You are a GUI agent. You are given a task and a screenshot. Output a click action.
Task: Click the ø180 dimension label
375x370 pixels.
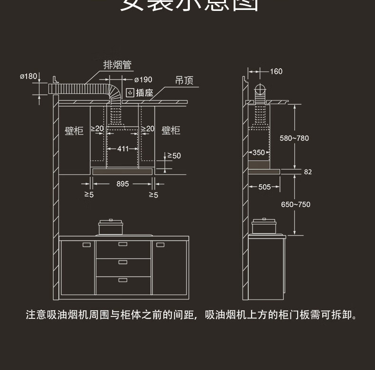coord(28,76)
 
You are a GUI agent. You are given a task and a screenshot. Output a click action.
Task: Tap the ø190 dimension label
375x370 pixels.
coord(143,80)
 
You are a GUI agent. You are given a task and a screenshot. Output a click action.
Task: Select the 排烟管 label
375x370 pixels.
coord(117,65)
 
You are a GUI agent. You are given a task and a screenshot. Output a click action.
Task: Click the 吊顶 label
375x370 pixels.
coord(184,81)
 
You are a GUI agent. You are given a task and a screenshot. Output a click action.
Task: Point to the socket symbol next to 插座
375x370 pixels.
coord(130,92)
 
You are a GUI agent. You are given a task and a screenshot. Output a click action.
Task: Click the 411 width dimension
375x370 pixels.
coord(123,149)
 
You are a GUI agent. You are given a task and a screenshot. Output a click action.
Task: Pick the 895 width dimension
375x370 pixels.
coord(122,184)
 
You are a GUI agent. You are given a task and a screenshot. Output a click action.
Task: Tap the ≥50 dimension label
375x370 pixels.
coord(174,155)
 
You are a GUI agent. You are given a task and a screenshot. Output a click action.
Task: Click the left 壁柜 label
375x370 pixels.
coord(74,130)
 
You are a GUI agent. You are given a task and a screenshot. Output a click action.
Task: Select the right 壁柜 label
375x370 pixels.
coord(171,130)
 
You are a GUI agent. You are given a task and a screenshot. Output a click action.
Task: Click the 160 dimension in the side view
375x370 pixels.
coord(276,72)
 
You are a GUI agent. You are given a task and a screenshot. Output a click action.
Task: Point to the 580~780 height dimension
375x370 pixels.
coord(294,138)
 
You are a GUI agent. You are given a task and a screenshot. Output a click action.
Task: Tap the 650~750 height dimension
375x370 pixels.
coord(295,205)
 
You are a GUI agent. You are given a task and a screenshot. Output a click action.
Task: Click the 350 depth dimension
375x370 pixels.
coord(259,153)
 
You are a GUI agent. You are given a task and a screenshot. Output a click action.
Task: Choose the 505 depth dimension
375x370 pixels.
coord(264,187)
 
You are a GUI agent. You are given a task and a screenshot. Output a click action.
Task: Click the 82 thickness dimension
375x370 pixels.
coord(308,172)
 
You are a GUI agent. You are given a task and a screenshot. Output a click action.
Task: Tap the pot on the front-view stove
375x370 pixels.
coord(111,227)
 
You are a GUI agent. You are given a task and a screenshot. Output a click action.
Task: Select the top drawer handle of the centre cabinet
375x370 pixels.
coord(123,244)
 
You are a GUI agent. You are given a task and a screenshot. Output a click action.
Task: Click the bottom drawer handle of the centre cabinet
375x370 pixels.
coord(123,280)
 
